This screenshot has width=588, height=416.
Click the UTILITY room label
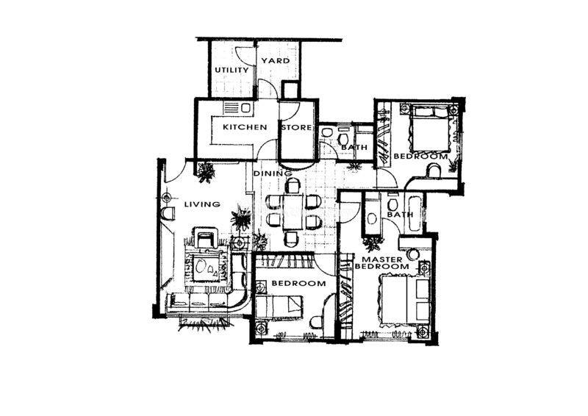(x=232, y=70)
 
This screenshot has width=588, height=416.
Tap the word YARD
(x=276, y=61)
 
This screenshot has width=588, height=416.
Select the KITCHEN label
(x=245, y=127)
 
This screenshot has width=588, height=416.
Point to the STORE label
(x=296, y=128)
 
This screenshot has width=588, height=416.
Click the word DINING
(x=273, y=173)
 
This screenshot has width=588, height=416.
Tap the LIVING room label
(x=202, y=204)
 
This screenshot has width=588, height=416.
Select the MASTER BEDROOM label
(x=382, y=263)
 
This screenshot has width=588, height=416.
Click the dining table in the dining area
(x=293, y=211)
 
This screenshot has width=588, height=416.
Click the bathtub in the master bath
(x=414, y=212)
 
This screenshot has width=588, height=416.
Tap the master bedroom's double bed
(x=405, y=298)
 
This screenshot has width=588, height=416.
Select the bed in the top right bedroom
(x=431, y=128)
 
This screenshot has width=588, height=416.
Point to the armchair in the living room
(x=205, y=237)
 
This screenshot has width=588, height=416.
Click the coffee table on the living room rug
(x=206, y=267)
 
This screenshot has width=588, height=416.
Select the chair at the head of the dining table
(x=293, y=185)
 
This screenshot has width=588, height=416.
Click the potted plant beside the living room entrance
(x=206, y=172)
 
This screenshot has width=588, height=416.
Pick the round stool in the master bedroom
(x=413, y=255)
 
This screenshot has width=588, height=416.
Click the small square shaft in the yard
(x=290, y=90)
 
